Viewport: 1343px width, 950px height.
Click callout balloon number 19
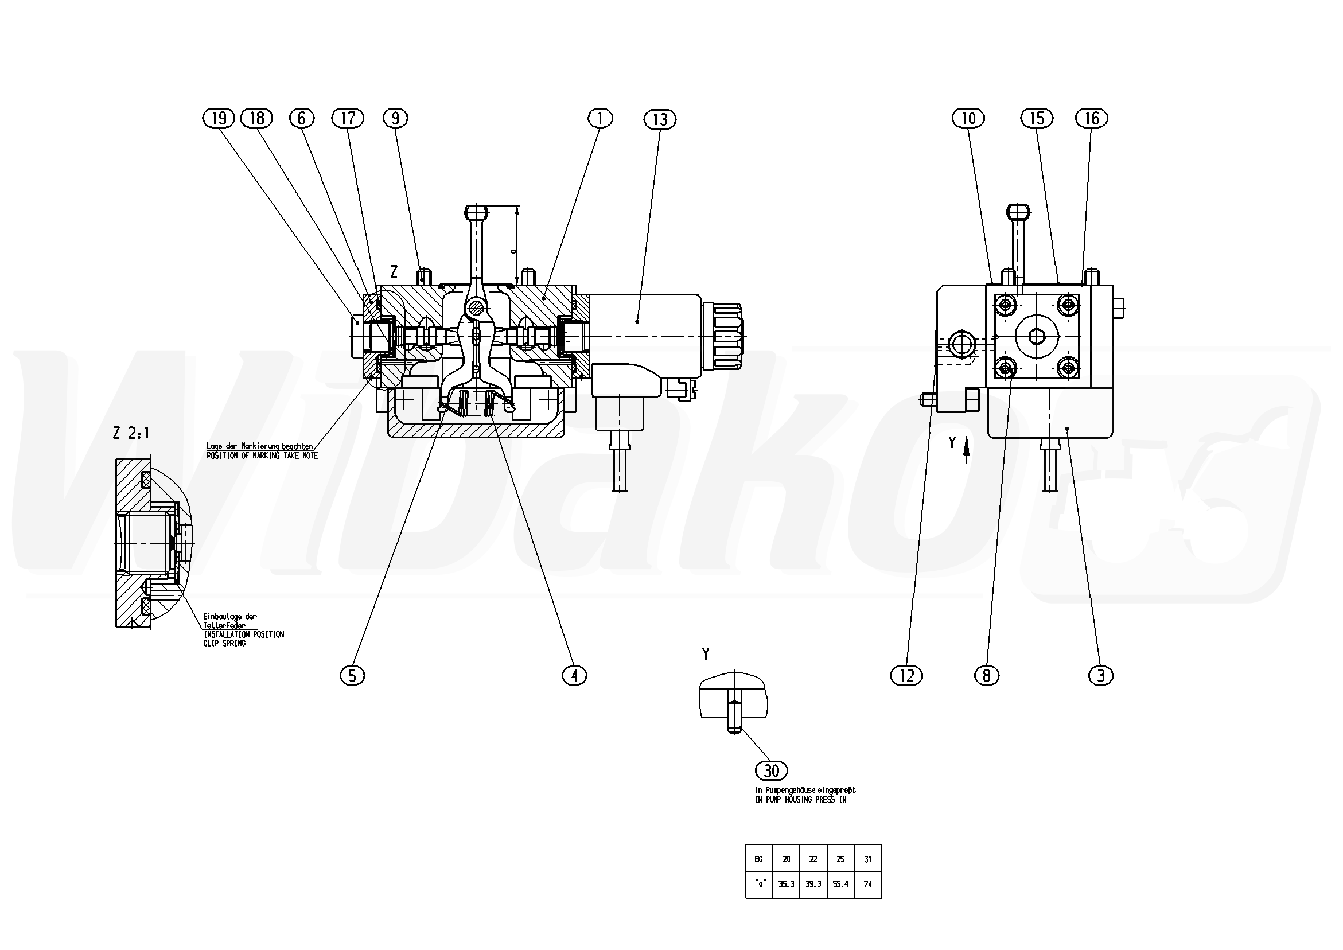(x=219, y=118)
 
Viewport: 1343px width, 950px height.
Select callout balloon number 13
(x=660, y=119)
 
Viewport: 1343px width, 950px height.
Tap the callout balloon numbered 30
(x=772, y=771)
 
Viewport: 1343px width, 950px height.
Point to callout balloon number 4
(x=574, y=676)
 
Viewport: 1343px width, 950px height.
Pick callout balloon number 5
(x=352, y=676)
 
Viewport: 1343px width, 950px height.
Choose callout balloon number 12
(x=906, y=676)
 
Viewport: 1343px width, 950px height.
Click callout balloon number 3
(x=1101, y=676)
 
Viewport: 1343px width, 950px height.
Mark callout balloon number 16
(x=1092, y=118)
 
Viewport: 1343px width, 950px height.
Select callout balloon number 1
(x=600, y=118)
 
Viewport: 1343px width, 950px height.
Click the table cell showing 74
(x=867, y=885)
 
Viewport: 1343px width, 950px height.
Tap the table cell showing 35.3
(x=786, y=885)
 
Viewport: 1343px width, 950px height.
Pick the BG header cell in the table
(x=758, y=859)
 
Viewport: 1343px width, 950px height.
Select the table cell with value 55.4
(x=840, y=885)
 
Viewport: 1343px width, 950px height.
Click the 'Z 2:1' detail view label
(x=131, y=434)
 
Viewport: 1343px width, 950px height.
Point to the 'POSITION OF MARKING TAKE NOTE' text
(x=262, y=455)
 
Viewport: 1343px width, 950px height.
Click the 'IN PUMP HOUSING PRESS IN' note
(x=801, y=800)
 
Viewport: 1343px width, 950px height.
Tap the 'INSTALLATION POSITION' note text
(x=243, y=634)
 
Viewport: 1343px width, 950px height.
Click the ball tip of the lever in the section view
(x=476, y=210)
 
